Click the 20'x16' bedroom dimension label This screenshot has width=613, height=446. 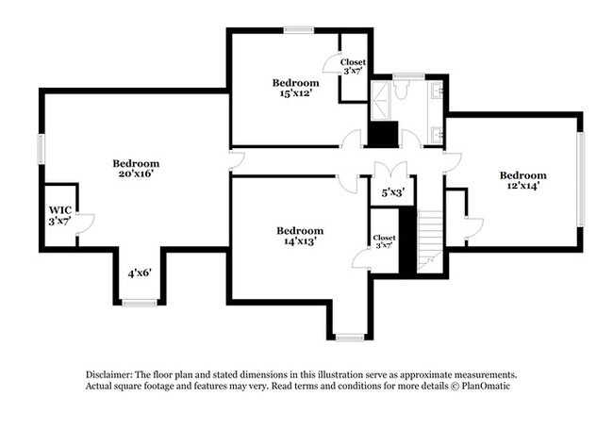[136, 173]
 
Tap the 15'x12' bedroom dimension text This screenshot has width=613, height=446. [296, 94]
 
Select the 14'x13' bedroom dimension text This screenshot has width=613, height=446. [300, 241]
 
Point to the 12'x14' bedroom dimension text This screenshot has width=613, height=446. [522, 187]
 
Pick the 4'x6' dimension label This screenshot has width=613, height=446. [140, 273]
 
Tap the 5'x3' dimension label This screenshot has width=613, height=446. [392, 192]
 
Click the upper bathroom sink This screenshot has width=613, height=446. [438, 92]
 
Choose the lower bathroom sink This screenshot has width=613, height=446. [438, 134]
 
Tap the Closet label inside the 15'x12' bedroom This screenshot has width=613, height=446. [353, 62]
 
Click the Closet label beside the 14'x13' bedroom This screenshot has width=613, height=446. [384, 238]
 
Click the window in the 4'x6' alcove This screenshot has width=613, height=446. [140, 303]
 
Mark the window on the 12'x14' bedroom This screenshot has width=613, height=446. [582, 178]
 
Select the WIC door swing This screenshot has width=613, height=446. [85, 223]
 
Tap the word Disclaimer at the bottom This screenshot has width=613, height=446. [110, 374]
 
